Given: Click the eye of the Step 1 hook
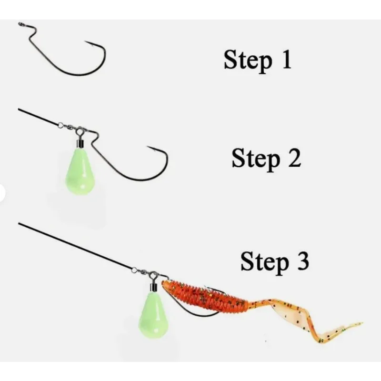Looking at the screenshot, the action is click(21, 24).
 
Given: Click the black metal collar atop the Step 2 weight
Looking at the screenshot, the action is click(80, 144).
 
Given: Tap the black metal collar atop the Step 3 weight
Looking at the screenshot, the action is click(153, 288).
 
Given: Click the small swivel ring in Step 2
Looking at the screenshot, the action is click(60, 125).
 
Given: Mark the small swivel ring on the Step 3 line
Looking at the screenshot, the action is click(134, 270).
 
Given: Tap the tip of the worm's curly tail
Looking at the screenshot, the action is click(361, 323).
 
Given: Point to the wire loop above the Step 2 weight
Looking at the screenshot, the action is click(80, 132).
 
